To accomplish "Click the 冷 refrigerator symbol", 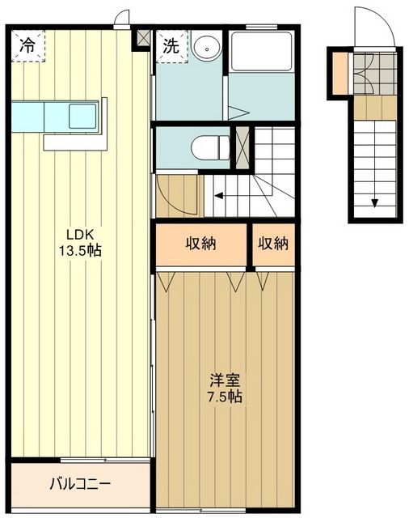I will point(27,46).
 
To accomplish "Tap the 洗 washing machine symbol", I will point(171,46).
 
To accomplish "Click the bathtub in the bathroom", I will point(260,52).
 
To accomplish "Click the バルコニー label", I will point(80,484).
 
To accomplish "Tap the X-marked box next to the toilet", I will point(241,148).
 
